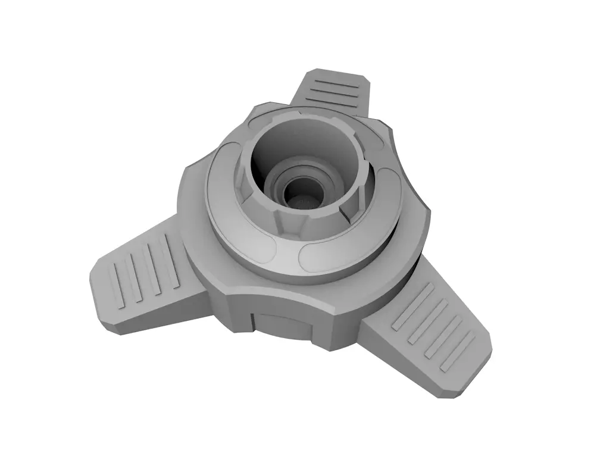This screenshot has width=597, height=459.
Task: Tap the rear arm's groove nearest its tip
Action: click(336, 80)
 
